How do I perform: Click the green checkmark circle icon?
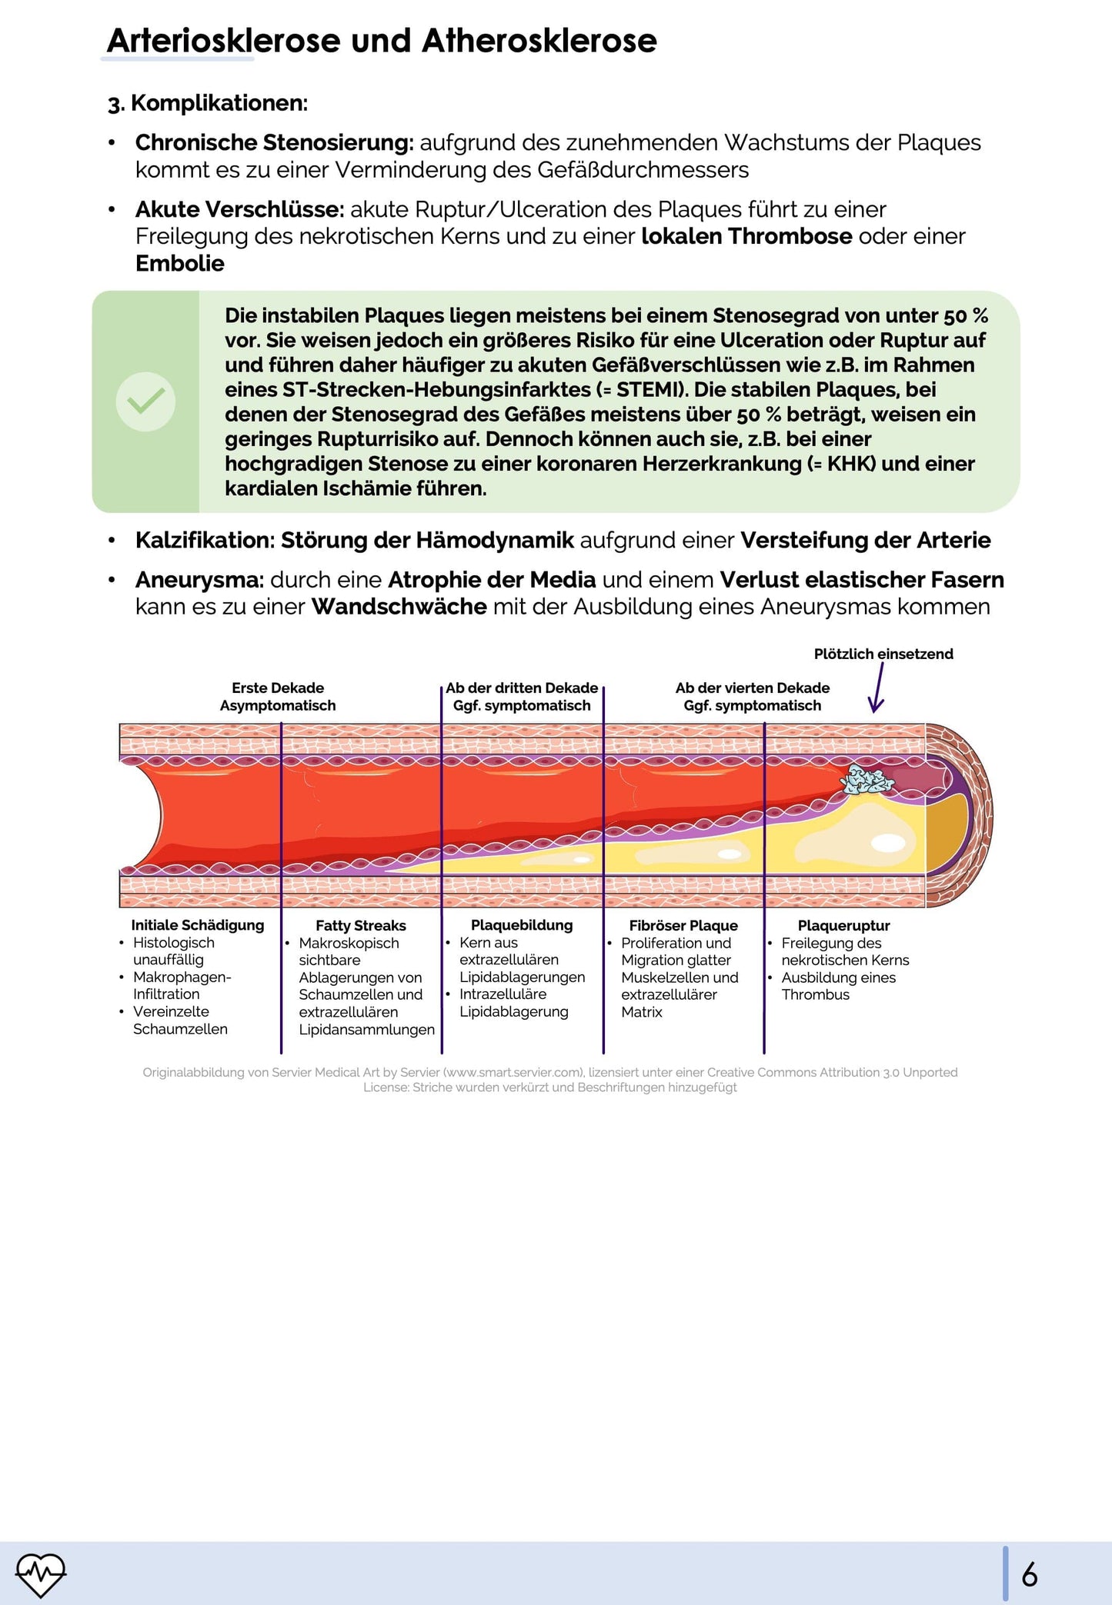coord(145,401)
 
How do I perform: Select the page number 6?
coord(1029,1574)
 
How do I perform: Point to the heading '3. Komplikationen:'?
coord(208,103)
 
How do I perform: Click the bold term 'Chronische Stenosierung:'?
coord(275,143)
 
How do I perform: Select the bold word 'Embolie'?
coord(180,264)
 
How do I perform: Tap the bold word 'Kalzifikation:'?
coord(205,541)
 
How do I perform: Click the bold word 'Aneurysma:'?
coord(200,580)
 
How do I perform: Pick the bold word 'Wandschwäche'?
coord(399,607)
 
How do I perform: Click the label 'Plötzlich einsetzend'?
coord(883,654)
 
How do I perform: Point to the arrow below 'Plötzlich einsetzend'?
coord(877,688)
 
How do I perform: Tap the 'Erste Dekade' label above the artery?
coord(278,688)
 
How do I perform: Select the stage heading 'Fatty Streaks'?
coord(360,925)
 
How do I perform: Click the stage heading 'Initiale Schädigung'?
coord(197,925)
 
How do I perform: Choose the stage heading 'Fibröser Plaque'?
coord(683,925)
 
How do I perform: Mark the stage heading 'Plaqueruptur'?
coord(843,925)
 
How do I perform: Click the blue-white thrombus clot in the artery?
coord(867,781)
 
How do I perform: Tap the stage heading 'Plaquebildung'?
coord(522,925)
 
